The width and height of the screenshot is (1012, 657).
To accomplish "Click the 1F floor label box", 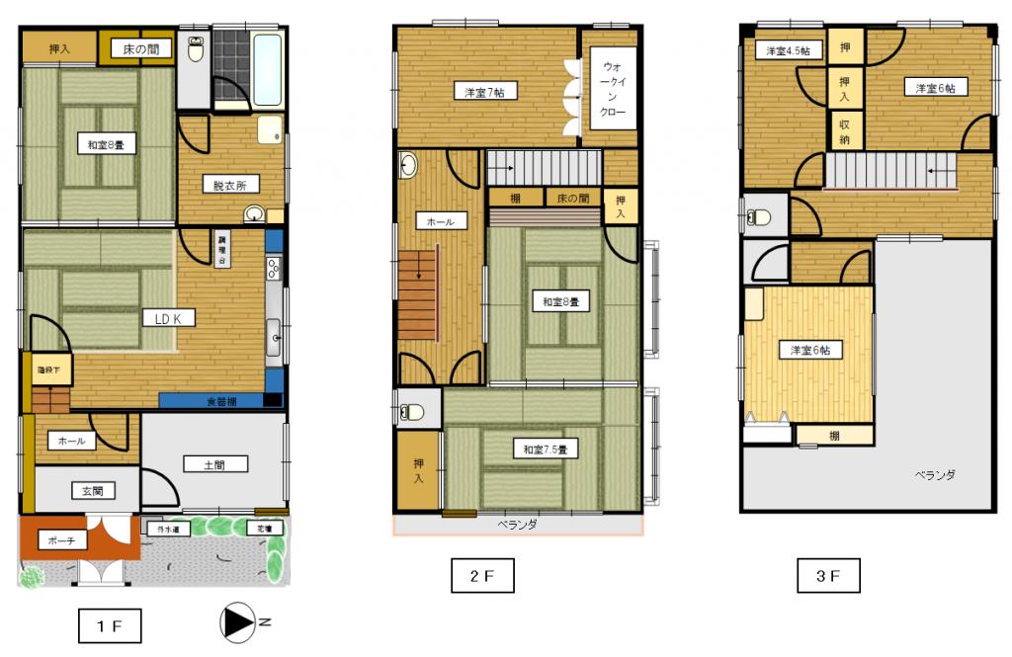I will click(x=109, y=625).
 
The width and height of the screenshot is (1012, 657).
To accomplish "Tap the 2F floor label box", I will click(x=481, y=574).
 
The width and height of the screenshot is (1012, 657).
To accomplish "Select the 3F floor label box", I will click(x=829, y=573).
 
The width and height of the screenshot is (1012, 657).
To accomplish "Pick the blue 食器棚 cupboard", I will click(x=219, y=401).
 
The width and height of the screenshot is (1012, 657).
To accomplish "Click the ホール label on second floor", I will click(x=440, y=222).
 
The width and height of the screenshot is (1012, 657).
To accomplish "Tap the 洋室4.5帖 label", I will click(x=784, y=49).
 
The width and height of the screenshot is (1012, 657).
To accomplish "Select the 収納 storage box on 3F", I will click(x=845, y=131).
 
